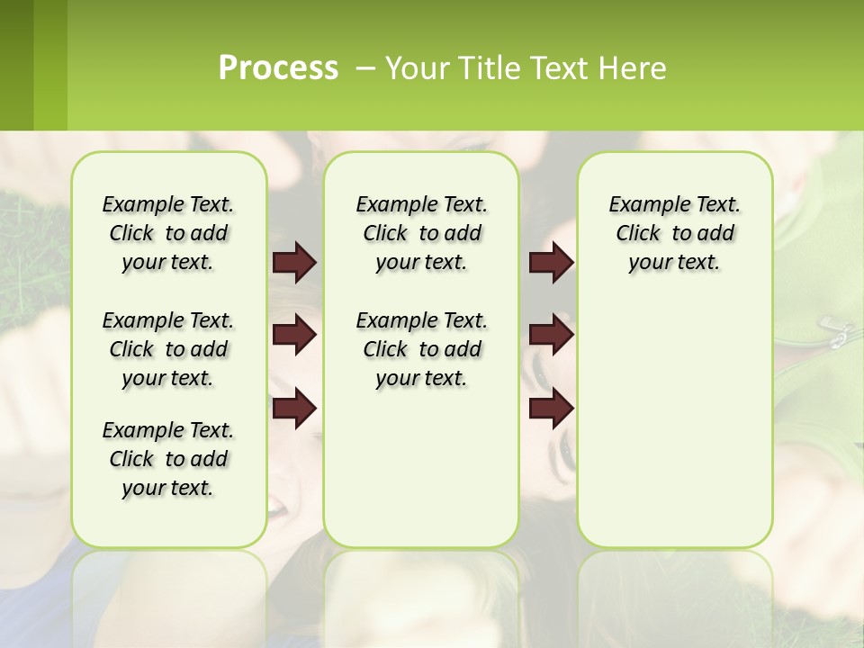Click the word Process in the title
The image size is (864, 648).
tap(278, 68)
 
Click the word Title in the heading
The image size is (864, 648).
tap(486, 68)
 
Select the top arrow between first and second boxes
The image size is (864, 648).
tap(294, 262)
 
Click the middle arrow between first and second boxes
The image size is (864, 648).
tap(294, 335)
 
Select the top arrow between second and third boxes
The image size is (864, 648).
tap(551, 262)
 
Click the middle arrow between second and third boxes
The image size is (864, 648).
tap(551, 335)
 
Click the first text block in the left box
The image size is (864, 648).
tap(168, 233)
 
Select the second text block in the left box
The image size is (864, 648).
tap(168, 349)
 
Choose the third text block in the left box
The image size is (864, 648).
tap(168, 459)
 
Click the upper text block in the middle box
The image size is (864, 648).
tap(421, 233)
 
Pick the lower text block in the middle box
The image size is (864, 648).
tap(421, 349)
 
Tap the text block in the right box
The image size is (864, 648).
tap(674, 233)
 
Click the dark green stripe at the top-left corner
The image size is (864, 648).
tap(16, 65)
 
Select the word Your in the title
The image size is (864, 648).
tap(415, 68)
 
